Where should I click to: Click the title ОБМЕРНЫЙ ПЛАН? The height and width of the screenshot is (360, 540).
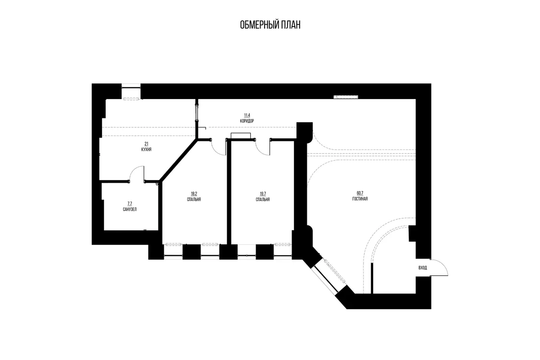(270, 25)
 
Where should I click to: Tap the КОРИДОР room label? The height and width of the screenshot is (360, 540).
(247, 121)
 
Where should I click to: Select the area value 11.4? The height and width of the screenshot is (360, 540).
(247, 115)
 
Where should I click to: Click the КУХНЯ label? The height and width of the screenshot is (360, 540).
(146, 149)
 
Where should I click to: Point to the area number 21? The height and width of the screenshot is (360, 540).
(146, 144)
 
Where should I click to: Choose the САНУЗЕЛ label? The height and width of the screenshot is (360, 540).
(130, 209)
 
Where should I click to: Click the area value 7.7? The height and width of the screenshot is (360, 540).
(130, 203)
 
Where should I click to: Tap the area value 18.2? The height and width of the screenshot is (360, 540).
(194, 193)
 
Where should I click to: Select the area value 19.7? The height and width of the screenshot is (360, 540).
(263, 193)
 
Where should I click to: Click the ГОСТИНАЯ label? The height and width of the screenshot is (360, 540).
(360, 199)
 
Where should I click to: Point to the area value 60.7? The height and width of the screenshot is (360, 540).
(360, 193)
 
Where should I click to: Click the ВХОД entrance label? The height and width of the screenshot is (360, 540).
(423, 268)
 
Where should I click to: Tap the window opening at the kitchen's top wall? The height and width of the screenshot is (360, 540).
(131, 91)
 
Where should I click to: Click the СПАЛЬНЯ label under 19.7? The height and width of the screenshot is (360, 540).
(263, 199)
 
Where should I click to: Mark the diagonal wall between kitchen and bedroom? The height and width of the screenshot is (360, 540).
(178, 160)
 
